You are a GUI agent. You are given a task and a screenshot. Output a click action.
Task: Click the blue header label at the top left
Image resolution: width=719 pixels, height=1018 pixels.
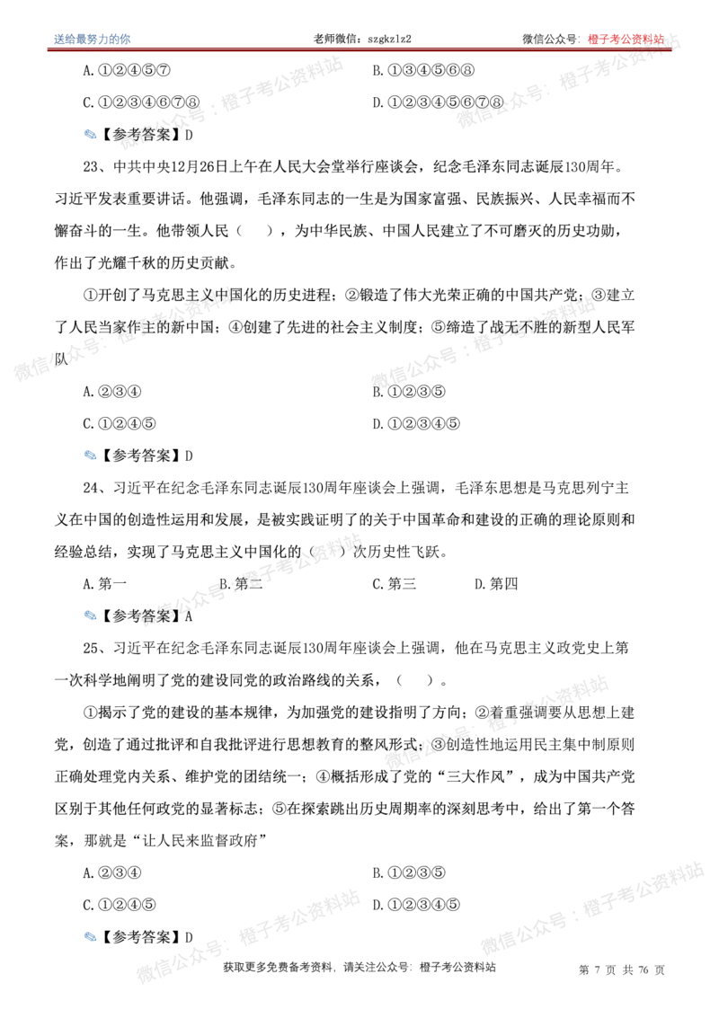(x=93, y=38)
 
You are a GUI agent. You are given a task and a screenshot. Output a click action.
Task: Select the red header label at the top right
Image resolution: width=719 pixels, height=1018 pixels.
(x=627, y=39)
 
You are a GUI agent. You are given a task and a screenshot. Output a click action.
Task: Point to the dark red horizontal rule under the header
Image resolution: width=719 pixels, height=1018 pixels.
(x=359, y=50)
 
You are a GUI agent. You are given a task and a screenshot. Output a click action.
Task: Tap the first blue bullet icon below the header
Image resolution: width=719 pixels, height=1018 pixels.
(x=90, y=134)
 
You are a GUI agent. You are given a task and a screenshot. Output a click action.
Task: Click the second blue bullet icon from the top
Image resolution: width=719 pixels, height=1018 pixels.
(x=89, y=455)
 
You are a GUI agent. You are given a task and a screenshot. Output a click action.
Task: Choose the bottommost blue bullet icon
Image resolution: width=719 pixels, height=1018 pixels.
(x=89, y=936)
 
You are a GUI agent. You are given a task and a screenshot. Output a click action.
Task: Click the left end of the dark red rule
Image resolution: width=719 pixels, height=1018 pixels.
(x=48, y=50)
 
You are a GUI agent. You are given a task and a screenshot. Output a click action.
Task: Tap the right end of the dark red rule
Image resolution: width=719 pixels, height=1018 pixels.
(x=671, y=50)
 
